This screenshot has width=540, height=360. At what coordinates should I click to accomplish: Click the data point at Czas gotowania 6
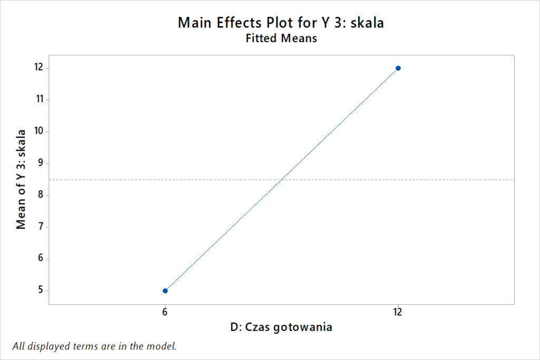pyautogui.click(x=165, y=290)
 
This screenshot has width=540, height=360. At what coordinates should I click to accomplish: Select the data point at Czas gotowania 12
pyautogui.click(x=398, y=68)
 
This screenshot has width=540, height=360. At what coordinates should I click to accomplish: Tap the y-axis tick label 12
pyautogui.click(x=38, y=68)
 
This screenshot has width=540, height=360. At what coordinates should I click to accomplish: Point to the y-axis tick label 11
pyautogui.click(x=38, y=100)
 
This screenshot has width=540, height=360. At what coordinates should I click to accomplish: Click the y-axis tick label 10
pyautogui.click(x=38, y=131)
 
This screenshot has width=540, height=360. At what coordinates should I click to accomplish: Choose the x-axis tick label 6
pyautogui.click(x=165, y=312)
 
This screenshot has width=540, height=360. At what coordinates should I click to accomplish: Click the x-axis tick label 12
pyautogui.click(x=398, y=312)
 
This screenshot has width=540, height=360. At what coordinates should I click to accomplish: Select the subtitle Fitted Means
pyautogui.click(x=281, y=38)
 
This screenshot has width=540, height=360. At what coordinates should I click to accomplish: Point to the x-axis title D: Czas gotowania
pyautogui.click(x=281, y=327)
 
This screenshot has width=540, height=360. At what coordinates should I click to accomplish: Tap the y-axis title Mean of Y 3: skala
pyautogui.click(x=21, y=179)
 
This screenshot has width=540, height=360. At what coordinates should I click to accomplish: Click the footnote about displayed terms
pyautogui.click(x=94, y=346)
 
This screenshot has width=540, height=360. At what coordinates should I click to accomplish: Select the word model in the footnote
pyautogui.click(x=163, y=346)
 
